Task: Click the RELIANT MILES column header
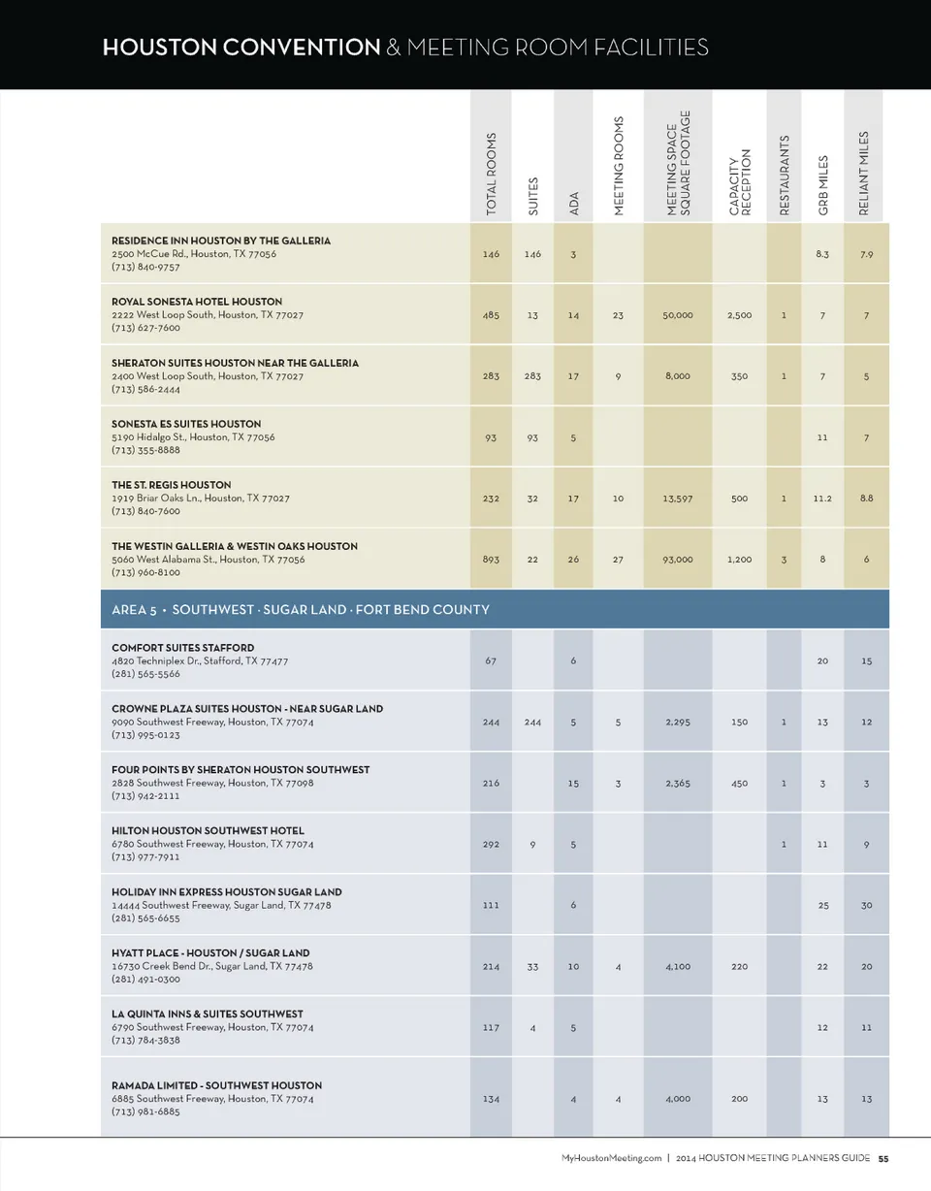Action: [x=865, y=174]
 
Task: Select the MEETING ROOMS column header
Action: [x=619, y=165]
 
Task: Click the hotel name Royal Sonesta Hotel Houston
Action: [x=197, y=302]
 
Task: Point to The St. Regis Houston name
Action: [x=172, y=484]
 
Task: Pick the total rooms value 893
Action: [x=491, y=559]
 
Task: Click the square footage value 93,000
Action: [x=678, y=559]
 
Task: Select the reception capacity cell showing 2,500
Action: [x=739, y=315]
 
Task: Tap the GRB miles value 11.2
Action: [x=822, y=498]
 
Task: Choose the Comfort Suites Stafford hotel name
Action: [x=183, y=647]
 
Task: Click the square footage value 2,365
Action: [x=678, y=783]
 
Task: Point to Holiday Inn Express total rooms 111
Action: [x=491, y=905]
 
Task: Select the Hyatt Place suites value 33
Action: [x=532, y=966]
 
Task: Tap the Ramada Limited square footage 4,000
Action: [x=678, y=1099]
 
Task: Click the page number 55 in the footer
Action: [x=883, y=1158]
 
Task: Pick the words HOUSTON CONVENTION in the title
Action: [x=241, y=47]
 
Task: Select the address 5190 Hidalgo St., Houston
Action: [x=193, y=437]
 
